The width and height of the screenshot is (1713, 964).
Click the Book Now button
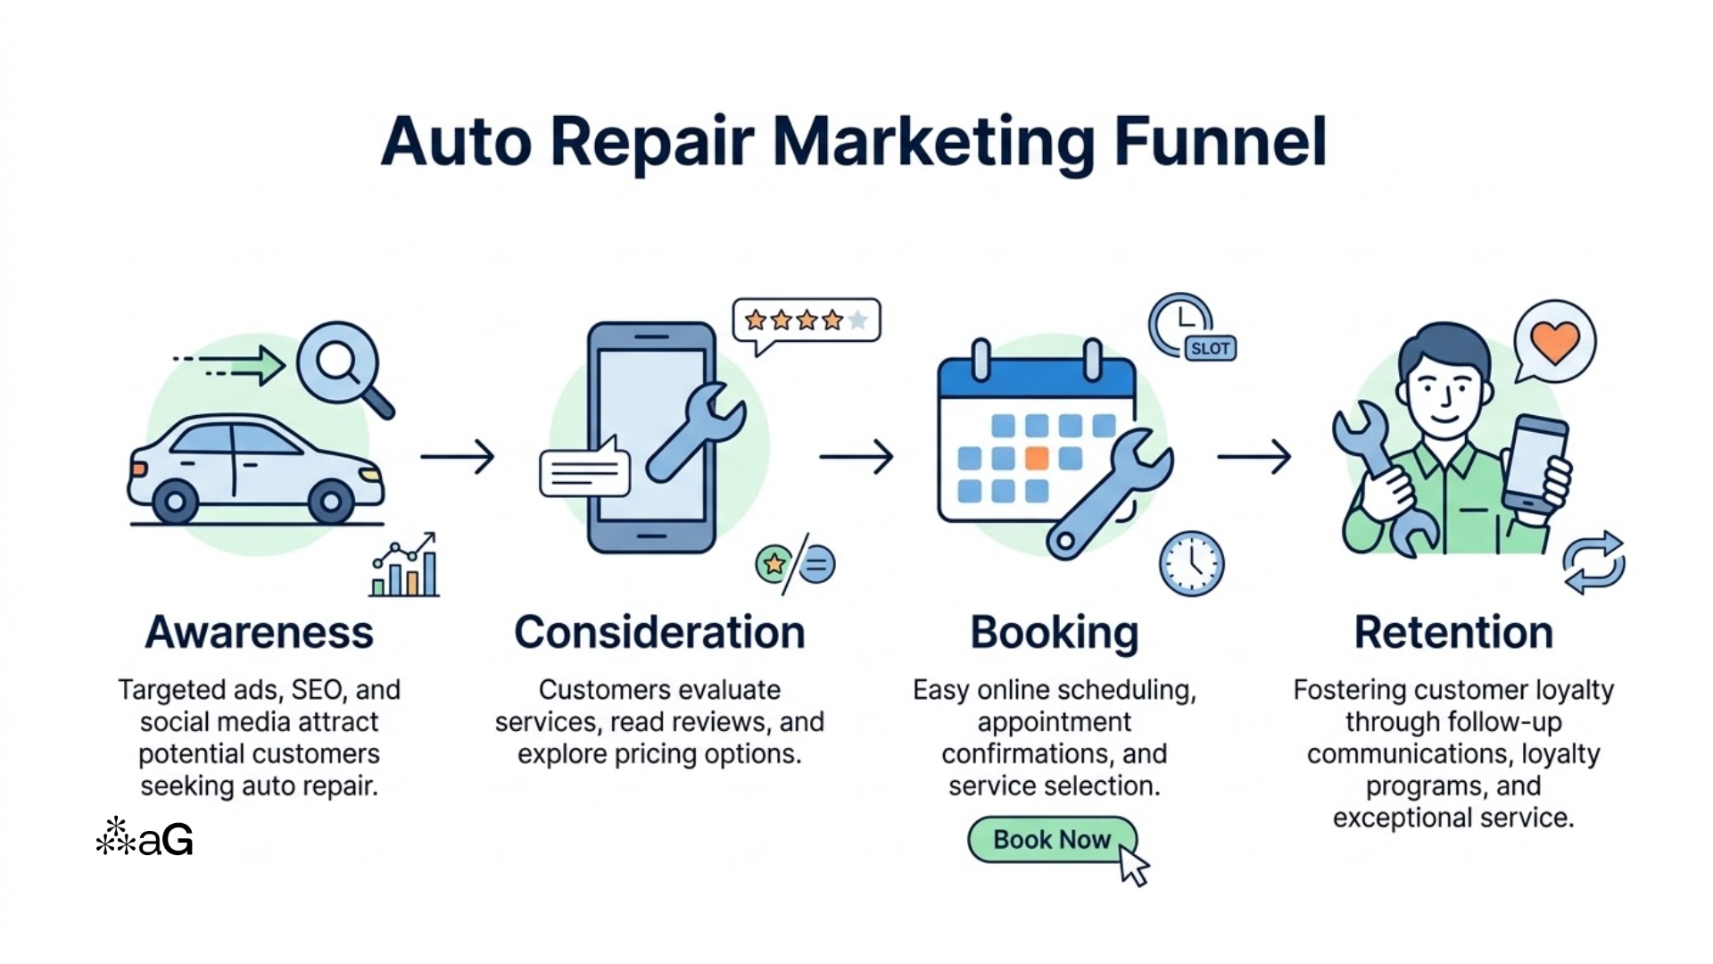pyautogui.click(x=1051, y=840)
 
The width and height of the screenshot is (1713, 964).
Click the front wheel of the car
pyautogui.click(x=331, y=501)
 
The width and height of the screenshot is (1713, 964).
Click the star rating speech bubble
pyautogui.click(x=806, y=320)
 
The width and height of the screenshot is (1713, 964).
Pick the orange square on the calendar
pyautogui.click(x=1036, y=459)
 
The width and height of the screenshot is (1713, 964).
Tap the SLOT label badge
pyautogui.click(x=1210, y=349)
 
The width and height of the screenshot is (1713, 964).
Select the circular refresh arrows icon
pyautogui.click(x=1593, y=562)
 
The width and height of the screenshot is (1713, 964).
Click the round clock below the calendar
pyautogui.click(x=1191, y=563)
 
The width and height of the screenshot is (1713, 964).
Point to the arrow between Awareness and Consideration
pyautogui.click(x=458, y=457)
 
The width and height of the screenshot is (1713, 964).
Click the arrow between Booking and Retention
pyautogui.click(x=1254, y=457)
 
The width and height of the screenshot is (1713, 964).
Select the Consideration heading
pyautogui.click(x=659, y=633)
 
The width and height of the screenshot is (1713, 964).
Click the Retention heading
pyautogui.click(x=1453, y=633)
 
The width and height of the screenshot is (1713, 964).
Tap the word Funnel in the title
pyautogui.click(x=1221, y=143)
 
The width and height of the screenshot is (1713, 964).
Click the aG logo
pyautogui.click(x=145, y=838)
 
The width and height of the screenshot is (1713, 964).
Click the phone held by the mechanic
pyautogui.click(x=1535, y=464)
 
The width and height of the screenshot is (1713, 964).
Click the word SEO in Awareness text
pyautogui.click(x=317, y=690)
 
